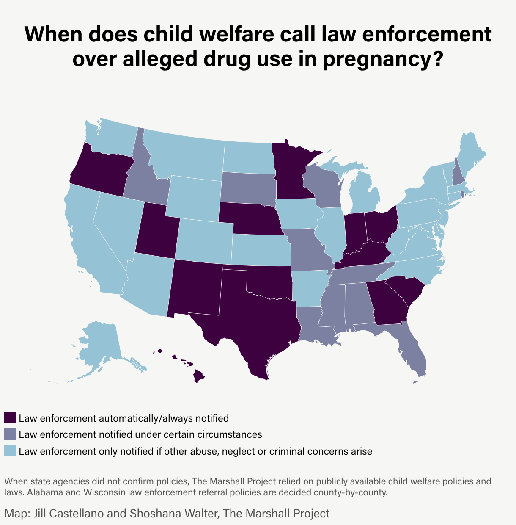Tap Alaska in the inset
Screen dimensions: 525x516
tap(99, 343)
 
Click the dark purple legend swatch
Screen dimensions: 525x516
tap(10, 418)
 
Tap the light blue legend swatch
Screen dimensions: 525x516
tap(10, 451)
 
